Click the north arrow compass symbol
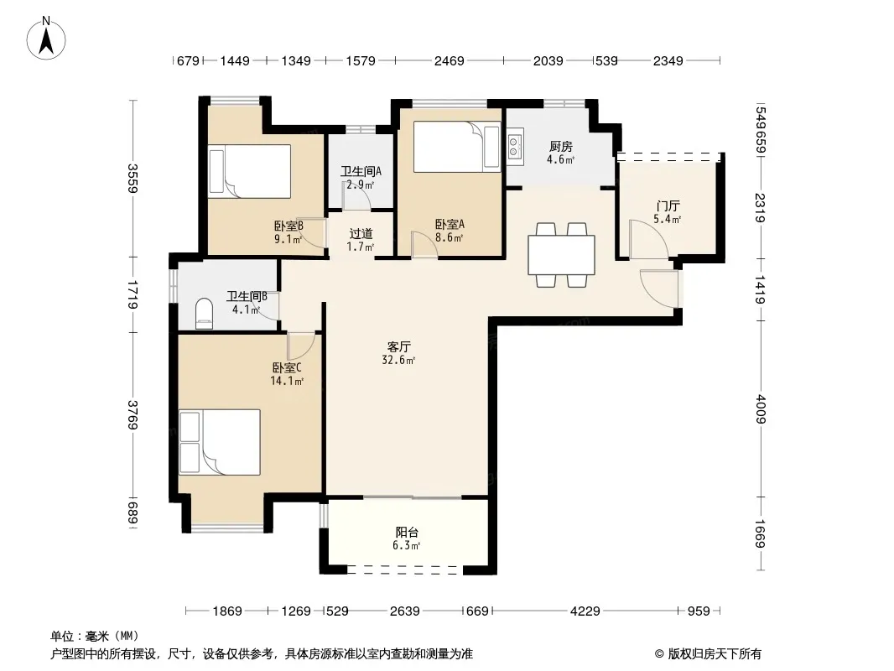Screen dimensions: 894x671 tap(46, 39)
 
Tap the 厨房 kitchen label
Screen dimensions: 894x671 tap(560, 147)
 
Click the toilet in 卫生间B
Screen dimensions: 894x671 tap(204, 314)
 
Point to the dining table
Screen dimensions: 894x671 tap(562, 255)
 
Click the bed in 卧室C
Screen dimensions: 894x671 tap(220, 442)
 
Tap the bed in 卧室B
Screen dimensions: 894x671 tap(249, 172)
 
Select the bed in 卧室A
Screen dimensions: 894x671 tap(457, 147)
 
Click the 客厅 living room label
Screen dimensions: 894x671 tap(398, 346)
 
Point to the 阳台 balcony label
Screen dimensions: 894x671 tap(407, 532)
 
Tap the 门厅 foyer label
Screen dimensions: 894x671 tap(668, 205)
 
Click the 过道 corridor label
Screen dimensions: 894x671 tap(361, 233)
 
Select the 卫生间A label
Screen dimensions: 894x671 tap(361, 171)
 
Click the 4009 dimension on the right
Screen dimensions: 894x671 tap(760, 409)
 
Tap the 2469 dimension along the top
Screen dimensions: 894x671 tap(450, 60)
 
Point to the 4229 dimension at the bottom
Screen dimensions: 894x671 tap(585, 611)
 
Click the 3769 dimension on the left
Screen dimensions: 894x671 tap(133, 415)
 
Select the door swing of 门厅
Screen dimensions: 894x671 tap(649, 239)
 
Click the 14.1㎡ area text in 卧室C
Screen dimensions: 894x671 tap(287, 381)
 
